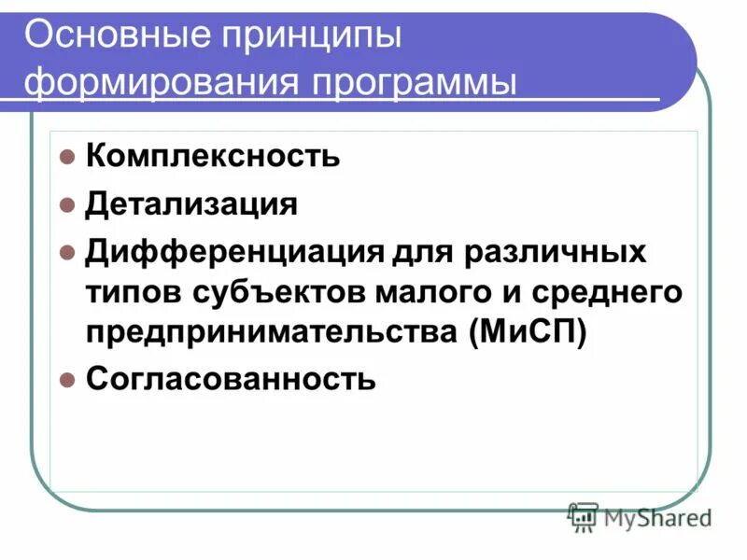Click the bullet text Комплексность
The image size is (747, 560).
213,155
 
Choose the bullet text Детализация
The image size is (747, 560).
191,203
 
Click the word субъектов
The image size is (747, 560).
286,293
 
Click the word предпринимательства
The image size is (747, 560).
271,334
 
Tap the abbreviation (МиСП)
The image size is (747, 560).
529,333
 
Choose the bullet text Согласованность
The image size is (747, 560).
231,380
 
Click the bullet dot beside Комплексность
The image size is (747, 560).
66,156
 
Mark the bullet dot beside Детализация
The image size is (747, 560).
66,204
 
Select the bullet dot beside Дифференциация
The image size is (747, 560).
66,253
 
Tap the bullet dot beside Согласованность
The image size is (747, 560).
66,381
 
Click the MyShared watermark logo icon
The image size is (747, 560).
583,516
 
